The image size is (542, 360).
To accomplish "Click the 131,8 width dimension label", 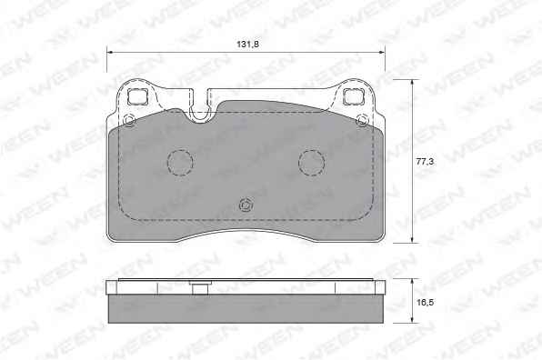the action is click(x=247, y=45).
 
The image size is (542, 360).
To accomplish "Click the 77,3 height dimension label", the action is click(x=425, y=161).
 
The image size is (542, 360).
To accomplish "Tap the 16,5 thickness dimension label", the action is click(x=425, y=303).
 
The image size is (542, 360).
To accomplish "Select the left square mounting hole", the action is click(x=137, y=96).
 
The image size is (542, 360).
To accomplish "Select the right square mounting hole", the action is click(x=354, y=95).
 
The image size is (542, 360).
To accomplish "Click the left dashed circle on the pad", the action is click(x=180, y=163).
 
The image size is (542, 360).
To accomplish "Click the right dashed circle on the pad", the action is click(x=311, y=163).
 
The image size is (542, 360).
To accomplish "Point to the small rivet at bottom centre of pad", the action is click(x=246, y=205).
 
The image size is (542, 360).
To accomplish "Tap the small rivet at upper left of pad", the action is click(x=129, y=121).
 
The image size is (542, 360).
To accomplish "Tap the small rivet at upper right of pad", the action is click(x=363, y=120).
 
